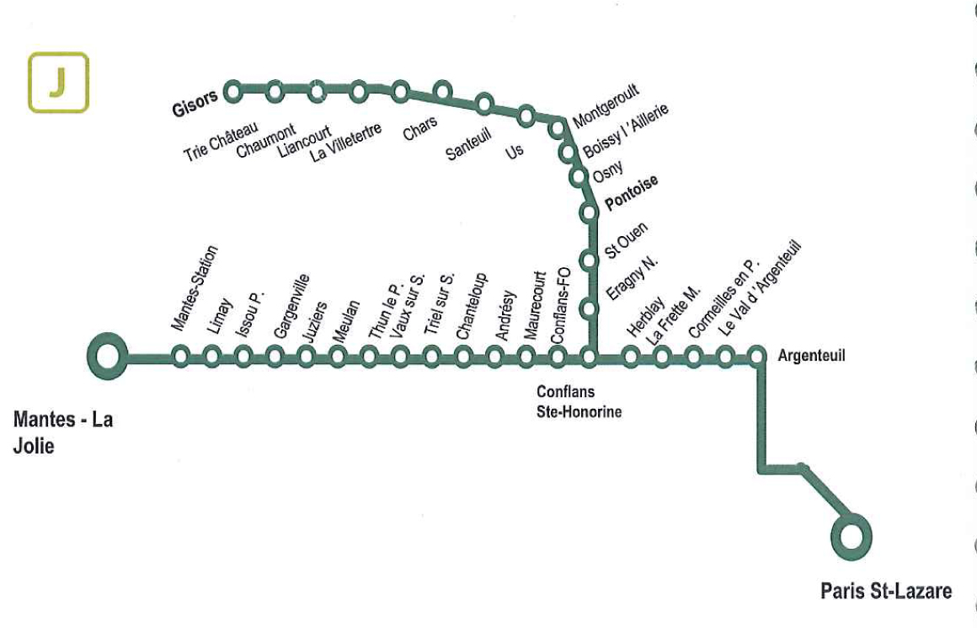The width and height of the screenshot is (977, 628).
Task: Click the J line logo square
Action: pyautogui.click(x=58, y=83)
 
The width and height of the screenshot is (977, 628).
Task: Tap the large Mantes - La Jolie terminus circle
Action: pyautogui.click(x=108, y=357)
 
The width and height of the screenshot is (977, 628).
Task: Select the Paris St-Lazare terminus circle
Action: pyautogui.click(x=851, y=535)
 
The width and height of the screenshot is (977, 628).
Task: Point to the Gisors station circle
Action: pyautogui.click(x=233, y=90)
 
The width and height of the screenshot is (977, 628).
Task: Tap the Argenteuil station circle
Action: pyautogui.click(x=756, y=357)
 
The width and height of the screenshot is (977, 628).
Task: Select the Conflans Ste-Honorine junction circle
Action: pyautogui.click(x=589, y=357)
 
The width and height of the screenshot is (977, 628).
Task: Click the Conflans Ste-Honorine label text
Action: pyautogui.click(x=579, y=401)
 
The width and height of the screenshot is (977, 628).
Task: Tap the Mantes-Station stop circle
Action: pyautogui.click(x=180, y=357)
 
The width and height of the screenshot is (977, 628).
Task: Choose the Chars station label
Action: pyautogui.click(x=419, y=128)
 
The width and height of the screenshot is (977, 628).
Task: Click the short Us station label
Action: pyautogui.click(x=515, y=149)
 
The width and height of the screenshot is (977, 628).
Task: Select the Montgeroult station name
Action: pyautogui.click(x=606, y=105)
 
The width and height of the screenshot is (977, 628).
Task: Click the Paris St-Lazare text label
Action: pyautogui.click(x=886, y=591)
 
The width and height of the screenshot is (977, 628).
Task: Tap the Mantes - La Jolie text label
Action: pyautogui.click(x=62, y=432)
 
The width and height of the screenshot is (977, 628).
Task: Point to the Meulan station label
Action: pyautogui.click(x=346, y=320)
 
